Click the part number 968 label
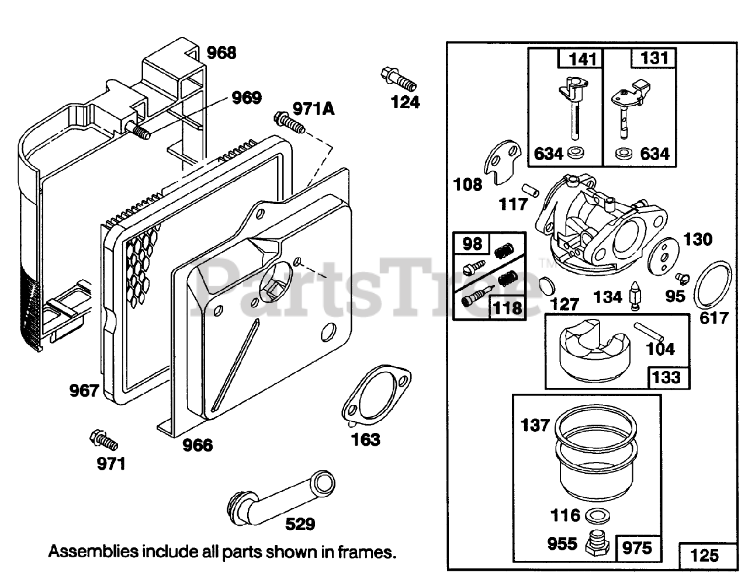click(x=222, y=53)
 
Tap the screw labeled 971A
click(x=289, y=123)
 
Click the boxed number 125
click(x=705, y=554)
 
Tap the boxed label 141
click(x=583, y=58)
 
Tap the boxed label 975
click(x=637, y=547)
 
